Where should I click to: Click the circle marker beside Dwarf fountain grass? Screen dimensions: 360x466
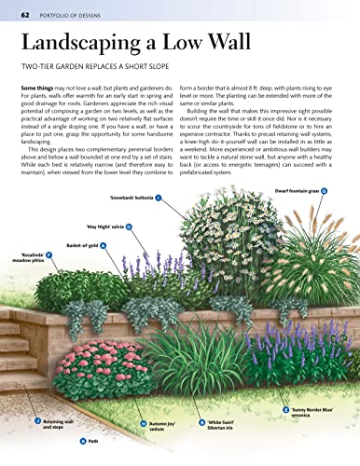pyautogui.click(x=325, y=190)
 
